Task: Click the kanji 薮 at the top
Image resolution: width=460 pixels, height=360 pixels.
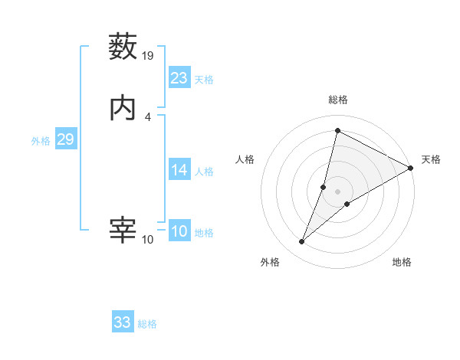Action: pos(123,47)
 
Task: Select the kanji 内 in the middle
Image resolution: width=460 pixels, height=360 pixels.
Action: pos(123,108)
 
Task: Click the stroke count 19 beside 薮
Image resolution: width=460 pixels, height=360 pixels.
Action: pos(148,56)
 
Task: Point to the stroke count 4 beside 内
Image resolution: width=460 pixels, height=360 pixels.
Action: pos(148,116)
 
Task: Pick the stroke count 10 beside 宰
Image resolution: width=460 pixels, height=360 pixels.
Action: pos(148,239)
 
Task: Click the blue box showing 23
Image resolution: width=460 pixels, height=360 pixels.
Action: pos(179,78)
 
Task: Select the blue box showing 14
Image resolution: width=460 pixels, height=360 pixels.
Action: pos(179,170)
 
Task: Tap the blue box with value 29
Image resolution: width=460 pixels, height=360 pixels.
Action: pos(65,139)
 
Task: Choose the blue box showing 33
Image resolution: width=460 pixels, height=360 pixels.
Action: pos(123,322)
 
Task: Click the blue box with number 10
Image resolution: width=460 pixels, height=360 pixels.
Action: pos(179,231)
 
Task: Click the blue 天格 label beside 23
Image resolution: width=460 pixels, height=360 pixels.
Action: pos(204,80)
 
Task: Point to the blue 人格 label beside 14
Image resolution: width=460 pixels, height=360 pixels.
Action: pos(204,172)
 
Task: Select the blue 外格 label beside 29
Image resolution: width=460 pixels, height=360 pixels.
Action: pos(41,141)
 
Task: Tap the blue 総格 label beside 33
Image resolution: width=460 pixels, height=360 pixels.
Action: pos(147,324)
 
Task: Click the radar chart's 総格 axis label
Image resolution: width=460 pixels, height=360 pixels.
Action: pos(338,100)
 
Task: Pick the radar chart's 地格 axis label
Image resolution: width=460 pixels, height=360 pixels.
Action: pos(402,262)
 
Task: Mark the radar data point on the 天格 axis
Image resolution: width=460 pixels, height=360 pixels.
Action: pos(411,169)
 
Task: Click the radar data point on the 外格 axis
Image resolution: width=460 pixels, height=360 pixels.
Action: pos(302,242)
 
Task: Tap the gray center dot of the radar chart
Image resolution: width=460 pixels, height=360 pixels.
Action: pos(338,191)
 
